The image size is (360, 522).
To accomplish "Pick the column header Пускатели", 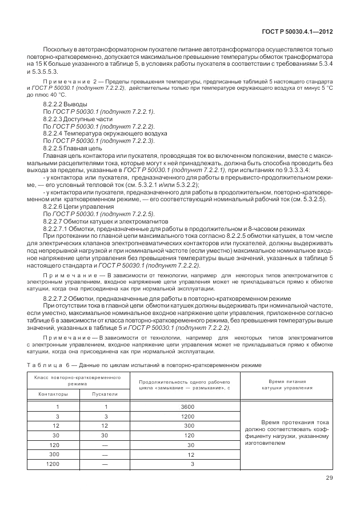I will pyautogui.click(x=106, y=394).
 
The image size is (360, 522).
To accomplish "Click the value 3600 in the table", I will pyautogui.click(x=186, y=407).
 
